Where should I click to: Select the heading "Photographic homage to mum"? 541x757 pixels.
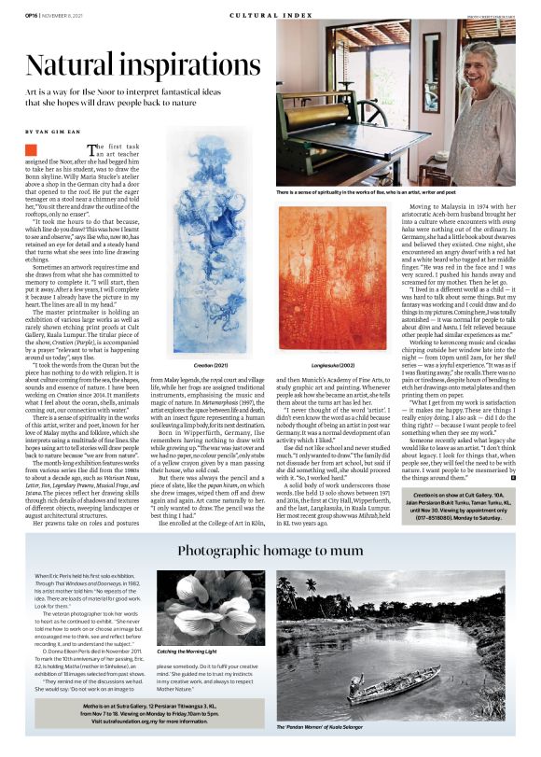pos(270,549)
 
